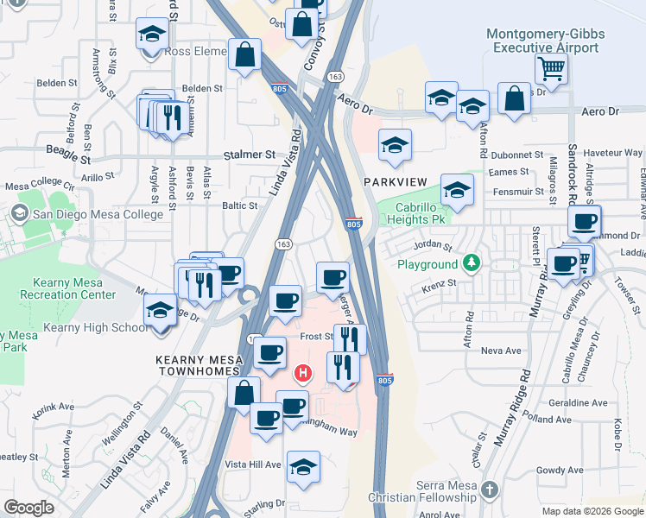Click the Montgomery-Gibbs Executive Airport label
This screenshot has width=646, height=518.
point(546,41)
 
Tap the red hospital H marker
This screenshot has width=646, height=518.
point(303,374)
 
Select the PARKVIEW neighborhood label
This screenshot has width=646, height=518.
point(396,182)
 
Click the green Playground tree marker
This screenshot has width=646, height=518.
point(472,262)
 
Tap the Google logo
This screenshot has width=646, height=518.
point(29,507)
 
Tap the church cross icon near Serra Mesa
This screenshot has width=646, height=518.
point(489,490)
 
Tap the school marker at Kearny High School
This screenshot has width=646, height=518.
point(161,310)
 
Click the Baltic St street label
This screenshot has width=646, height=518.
point(240,205)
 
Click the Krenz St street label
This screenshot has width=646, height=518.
point(440,282)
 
